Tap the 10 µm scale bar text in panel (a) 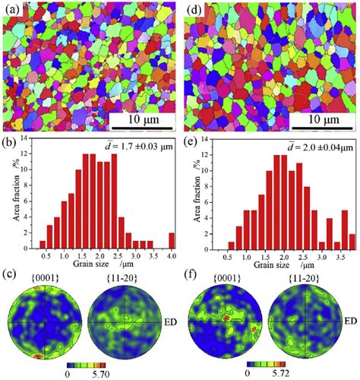pyautogui.click(x=144, y=119)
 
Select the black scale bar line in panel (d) pyautogui.click(x=322, y=128)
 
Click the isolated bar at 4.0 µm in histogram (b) pyautogui.click(x=172, y=241)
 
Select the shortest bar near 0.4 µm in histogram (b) pyautogui.click(x=43, y=245)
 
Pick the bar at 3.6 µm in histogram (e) pyautogui.click(x=345, y=230)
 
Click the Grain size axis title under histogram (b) pyautogui.click(x=103, y=264)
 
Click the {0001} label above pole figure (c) pyautogui.click(x=45, y=279)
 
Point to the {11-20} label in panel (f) pyautogui.click(x=304, y=279)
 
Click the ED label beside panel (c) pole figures pyautogui.click(x=170, y=322)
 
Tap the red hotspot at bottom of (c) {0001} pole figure pyautogui.click(x=38, y=356)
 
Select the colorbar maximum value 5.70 pyautogui.click(x=101, y=375)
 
